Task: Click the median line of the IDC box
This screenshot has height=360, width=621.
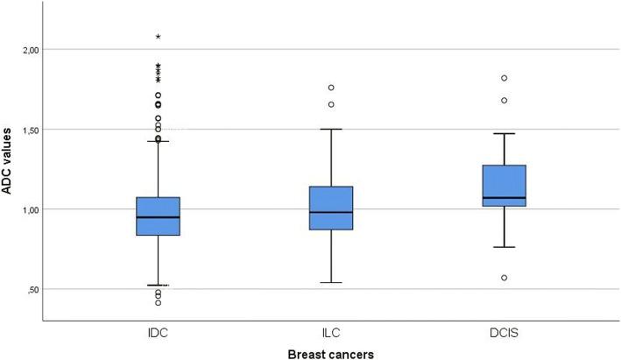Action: pyautogui.click(x=158, y=217)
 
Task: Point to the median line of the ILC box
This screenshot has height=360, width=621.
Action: pyautogui.click(x=331, y=212)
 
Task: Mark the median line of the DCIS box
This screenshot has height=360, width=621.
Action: pyautogui.click(x=504, y=198)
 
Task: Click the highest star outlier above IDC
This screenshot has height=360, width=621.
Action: pyautogui.click(x=158, y=37)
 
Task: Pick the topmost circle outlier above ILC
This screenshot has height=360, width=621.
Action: pyautogui.click(x=331, y=88)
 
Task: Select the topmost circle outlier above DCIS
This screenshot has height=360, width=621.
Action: pyautogui.click(x=504, y=78)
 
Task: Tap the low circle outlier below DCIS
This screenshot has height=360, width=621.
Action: pyautogui.click(x=504, y=278)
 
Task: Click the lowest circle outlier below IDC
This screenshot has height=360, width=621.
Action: pyautogui.click(x=158, y=302)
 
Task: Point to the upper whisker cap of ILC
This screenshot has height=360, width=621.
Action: pyautogui.click(x=331, y=129)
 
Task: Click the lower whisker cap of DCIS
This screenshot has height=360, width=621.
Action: pyautogui.click(x=504, y=247)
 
